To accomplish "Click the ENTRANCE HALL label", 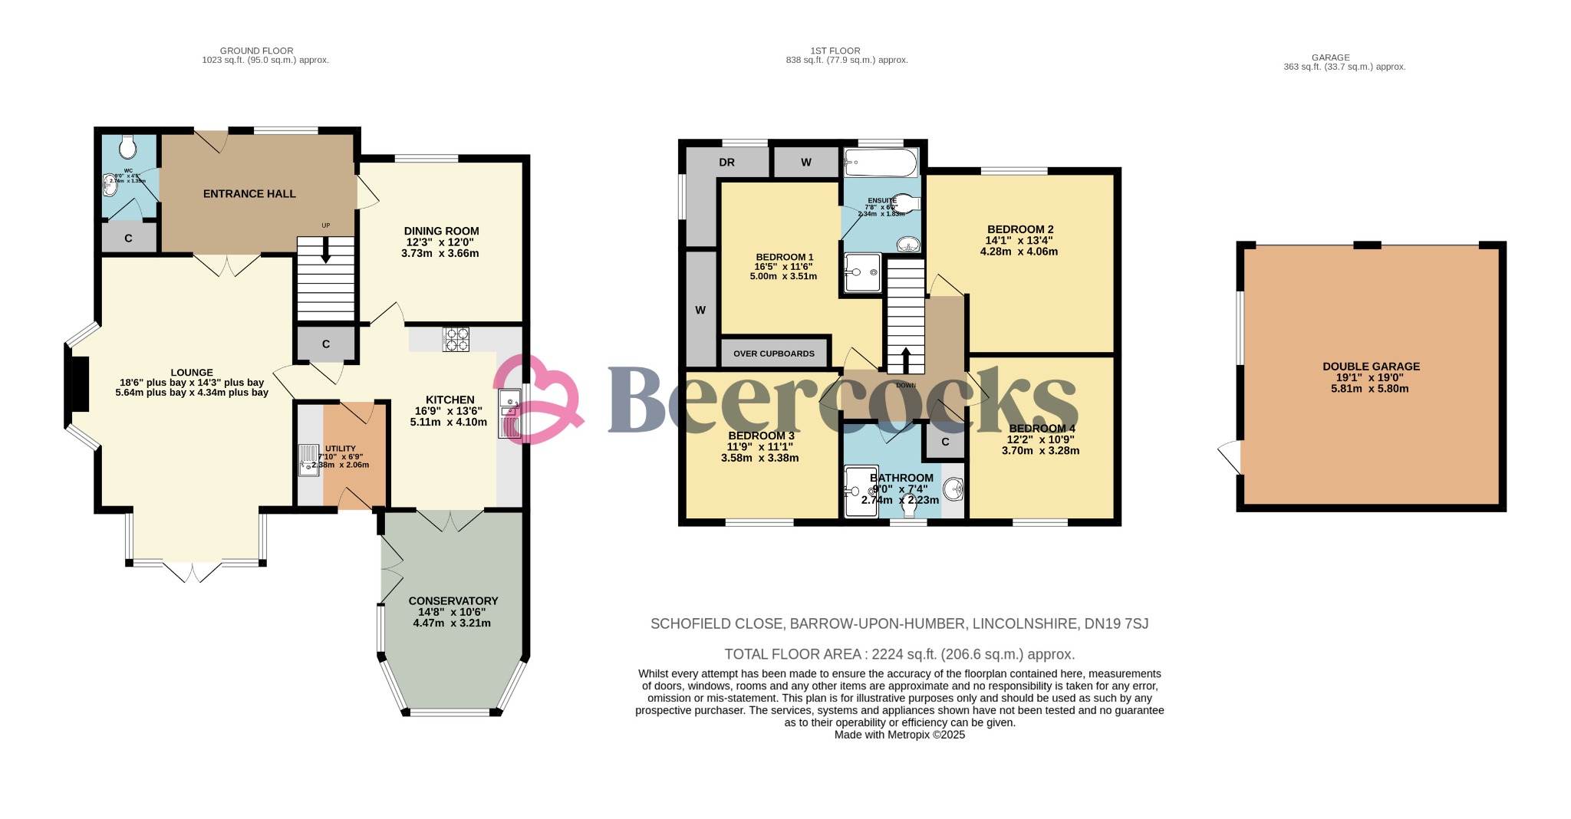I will coord(249,194).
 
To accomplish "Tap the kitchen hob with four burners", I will coord(456,339).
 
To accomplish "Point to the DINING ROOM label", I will coord(441,231).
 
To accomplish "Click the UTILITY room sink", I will coord(309,460).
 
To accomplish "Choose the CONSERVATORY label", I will coord(453,601).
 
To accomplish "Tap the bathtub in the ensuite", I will coord(880,163).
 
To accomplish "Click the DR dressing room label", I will coord(726,163).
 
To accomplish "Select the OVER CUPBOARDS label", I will coord(773,354).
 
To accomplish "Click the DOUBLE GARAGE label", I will coord(1371,367).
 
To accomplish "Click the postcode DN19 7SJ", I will coord(1116,624).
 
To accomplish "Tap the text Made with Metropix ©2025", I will coord(899,735).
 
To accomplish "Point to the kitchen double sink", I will coord(509,414).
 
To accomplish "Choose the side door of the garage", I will coord(1230,458).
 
